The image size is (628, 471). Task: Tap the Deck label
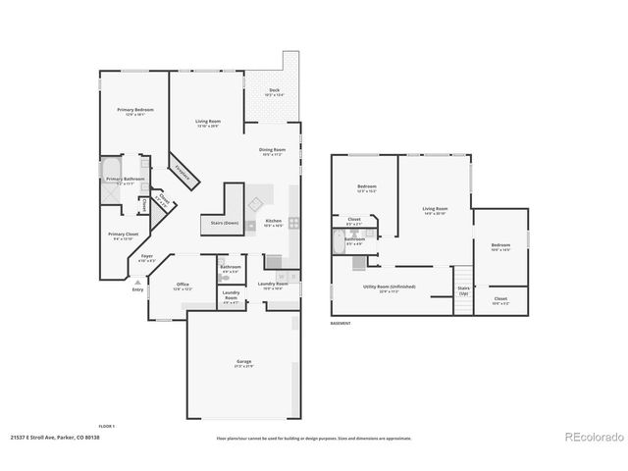(x=276, y=91)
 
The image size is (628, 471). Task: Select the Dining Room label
(x=272, y=152)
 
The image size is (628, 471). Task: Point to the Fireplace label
(x=183, y=170)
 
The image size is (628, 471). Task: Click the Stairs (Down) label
(x=225, y=223)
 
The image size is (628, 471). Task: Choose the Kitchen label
(x=273, y=223)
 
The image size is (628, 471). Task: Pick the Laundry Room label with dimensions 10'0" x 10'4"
(x=272, y=285)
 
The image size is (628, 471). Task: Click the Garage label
(x=242, y=362)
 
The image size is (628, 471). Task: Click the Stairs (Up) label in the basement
(x=463, y=291)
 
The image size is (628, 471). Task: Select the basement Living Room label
(x=435, y=210)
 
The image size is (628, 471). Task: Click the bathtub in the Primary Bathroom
(x=110, y=168)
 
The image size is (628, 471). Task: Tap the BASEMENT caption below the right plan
(x=340, y=323)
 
